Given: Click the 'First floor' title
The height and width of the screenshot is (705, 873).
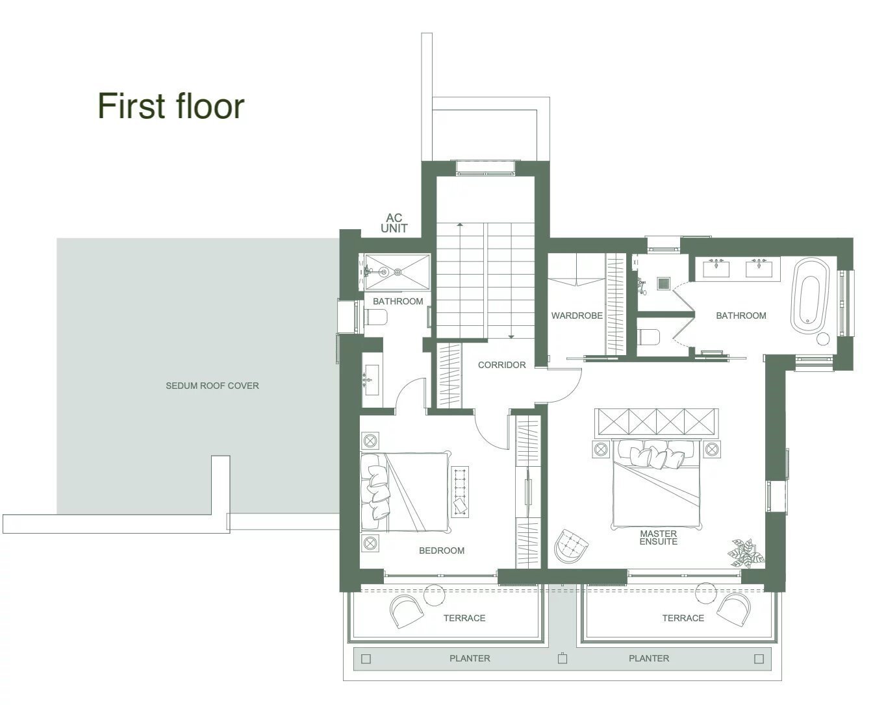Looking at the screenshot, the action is pyautogui.click(x=171, y=106).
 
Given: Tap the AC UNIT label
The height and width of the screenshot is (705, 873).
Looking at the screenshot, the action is pyautogui.click(x=394, y=223).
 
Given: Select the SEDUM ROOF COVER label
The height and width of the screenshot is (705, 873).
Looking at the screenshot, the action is pyautogui.click(x=212, y=386).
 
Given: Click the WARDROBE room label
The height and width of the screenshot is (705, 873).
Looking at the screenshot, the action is pyautogui.click(x=577, y=315).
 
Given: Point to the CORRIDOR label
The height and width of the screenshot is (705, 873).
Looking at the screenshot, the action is pyautogui.click(x=501, y=365).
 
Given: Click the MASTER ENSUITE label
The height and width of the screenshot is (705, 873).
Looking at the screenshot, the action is pyautogui.click(x=658, y=538).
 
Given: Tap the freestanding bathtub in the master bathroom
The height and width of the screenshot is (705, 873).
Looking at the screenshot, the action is pyautogui.click(x=810, y=296).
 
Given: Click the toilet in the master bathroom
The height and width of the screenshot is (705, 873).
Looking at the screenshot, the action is pyautogui.click(x=650, y=337).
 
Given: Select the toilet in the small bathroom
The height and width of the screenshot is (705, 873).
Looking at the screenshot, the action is pyautogui.click(x=376, y=317).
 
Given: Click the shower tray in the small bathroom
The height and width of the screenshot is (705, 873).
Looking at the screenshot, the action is pyautogui.click(x=397, y=271).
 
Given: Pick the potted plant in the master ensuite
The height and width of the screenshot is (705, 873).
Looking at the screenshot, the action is pyautogui.click(x=746, y=553).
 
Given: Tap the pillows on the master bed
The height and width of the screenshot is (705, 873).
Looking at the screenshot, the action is pyautogui.click(x=651, y=454).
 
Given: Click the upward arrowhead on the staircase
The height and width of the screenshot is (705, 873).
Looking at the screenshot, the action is pyautogui.click(x=460, y=225).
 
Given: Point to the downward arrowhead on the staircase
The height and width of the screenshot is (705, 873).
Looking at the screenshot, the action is pyautogui.click(x=511, y=337).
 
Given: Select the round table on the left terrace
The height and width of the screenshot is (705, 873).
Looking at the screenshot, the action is pyautogui.click(x=434, y=595).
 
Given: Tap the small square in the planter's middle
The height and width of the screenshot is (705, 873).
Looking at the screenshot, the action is pyautogui.click(x=563, y=659).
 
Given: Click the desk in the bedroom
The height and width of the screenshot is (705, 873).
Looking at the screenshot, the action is pyautogui.click(x=461, y=491).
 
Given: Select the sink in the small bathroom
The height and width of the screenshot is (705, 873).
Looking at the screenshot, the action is pyautogui.click(x=372, y=380).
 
